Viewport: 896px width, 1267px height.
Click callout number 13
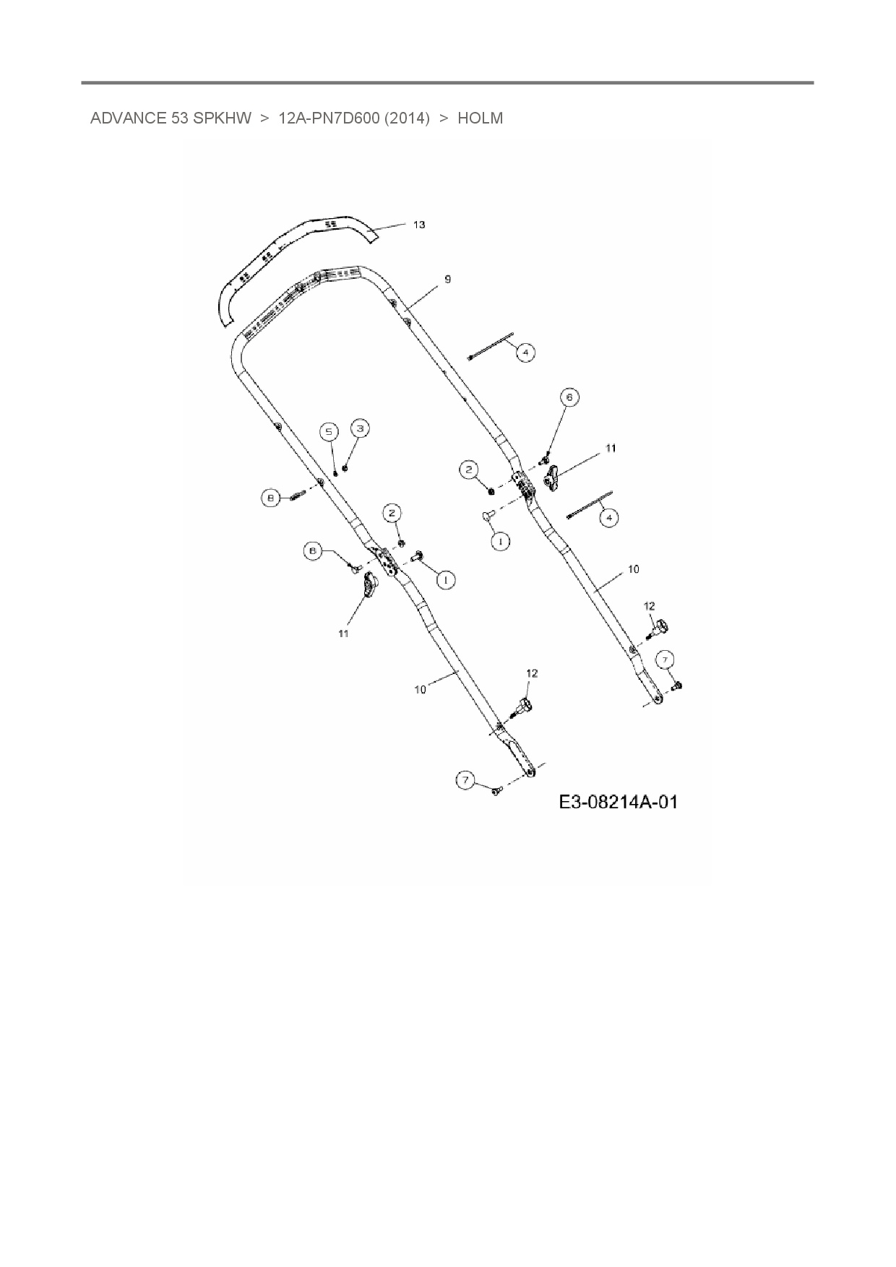(419, 225)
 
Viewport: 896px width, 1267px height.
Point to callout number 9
(448, 279)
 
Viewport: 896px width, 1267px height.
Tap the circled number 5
(329, 432)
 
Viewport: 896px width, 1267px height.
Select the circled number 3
(360, 428)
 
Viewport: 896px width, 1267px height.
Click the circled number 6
(569, 397)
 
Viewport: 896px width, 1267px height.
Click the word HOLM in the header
(480, 118)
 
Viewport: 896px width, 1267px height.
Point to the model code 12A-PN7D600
(329, 118)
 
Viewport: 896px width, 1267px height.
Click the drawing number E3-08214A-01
(618, 802)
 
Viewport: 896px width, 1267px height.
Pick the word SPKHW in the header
(222, 118)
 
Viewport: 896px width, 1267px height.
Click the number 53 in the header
(180, 118)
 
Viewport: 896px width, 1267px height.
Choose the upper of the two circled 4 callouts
(525, 353)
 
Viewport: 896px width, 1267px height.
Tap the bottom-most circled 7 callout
(466, 779)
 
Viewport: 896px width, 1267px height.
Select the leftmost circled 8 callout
(270, 498)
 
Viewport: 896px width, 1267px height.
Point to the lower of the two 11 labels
(344, 633)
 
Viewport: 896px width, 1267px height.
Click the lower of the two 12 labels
(532, 673)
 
